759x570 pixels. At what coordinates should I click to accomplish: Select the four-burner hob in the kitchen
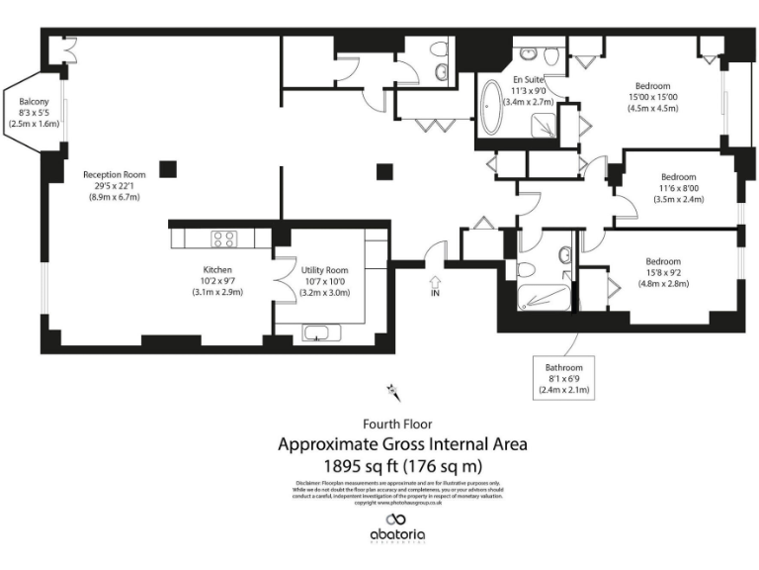click(x=223, y=238)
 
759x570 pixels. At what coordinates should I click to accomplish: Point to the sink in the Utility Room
click(x=317, y=332)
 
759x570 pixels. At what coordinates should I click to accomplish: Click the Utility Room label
click(x=324, y=270)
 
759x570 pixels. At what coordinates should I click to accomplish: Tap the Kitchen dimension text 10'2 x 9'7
click(x=217, y=281)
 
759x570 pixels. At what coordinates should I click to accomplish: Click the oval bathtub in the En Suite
click(x=491, y=109)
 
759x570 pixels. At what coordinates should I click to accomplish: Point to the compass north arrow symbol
click(x=393, y=391)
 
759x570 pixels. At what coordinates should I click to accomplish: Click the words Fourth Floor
click(x=396, y=424)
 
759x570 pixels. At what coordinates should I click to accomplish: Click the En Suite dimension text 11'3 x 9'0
click(x=528, y=91)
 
